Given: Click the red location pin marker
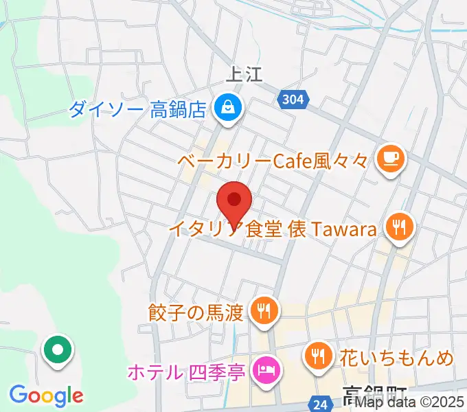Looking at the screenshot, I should [235, 201].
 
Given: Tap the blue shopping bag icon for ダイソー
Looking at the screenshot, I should [226, 106].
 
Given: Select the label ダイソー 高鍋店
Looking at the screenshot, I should [137, 108].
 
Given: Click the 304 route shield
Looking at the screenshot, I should [293, 100].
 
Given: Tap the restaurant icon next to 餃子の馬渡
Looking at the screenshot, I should [262, 311].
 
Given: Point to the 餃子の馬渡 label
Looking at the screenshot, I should [196, 313].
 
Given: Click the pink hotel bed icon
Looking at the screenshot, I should [264, 371].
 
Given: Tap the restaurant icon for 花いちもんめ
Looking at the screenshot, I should [317, 355].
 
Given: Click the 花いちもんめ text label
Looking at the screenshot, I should [396, 357].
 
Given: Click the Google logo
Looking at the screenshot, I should [46, 396].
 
